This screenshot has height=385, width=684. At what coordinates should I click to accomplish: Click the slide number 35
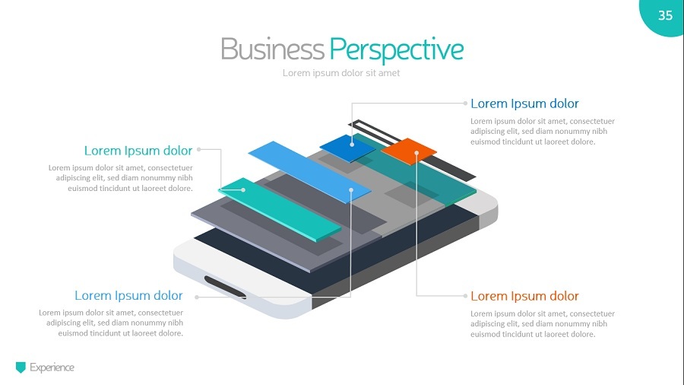(x=665, y=15)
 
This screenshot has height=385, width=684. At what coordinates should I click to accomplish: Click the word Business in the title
(x=271, y=49)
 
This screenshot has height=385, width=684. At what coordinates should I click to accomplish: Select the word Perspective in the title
(x=396, y=49)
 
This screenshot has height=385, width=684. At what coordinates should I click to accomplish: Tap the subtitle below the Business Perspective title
(x=341, y=73)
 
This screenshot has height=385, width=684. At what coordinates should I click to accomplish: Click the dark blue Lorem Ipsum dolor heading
(x=524, y=103)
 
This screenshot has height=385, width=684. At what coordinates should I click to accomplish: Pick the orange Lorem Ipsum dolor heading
(x=524, y=296)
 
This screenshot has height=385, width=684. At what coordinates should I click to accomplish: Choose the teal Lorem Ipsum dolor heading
(x=138, y=150)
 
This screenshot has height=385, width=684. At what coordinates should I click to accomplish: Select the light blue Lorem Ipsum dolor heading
(x=128, y=295)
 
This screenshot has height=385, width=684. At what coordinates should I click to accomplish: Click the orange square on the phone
(x=408, y=150)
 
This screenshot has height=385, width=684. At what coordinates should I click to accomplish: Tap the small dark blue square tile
(x=347, y=147)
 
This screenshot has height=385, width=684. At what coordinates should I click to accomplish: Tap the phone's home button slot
(x=225, y=287)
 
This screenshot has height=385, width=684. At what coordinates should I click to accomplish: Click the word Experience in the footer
(x=52, y=367)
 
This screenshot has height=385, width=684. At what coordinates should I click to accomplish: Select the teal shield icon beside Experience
(x=21, y=367)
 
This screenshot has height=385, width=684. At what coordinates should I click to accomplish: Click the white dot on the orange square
(x=416, y=153)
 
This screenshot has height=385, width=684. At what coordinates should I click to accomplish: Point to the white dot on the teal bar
(x=243, y=189)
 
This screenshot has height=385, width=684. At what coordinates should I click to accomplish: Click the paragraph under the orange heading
(x=542, y=323)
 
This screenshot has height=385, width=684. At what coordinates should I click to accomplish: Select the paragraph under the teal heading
(x=120, y=178)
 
